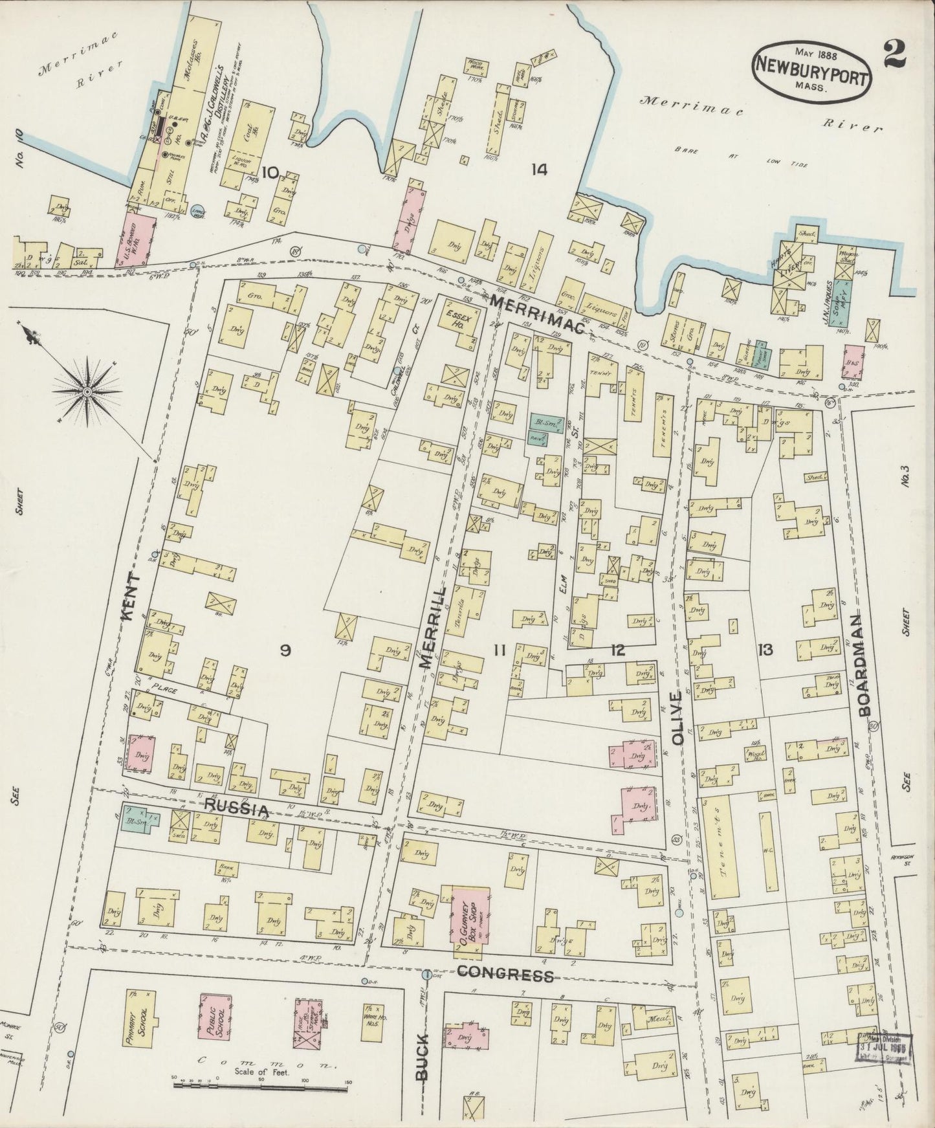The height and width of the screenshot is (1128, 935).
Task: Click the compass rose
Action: tap(87, 390)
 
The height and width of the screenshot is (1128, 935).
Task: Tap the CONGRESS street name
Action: tap(506, 975)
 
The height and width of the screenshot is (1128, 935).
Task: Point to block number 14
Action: tap(538, 170)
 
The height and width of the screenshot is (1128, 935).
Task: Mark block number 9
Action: tap(284, 650)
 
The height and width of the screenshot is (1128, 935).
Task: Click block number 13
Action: tap(766, 650)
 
